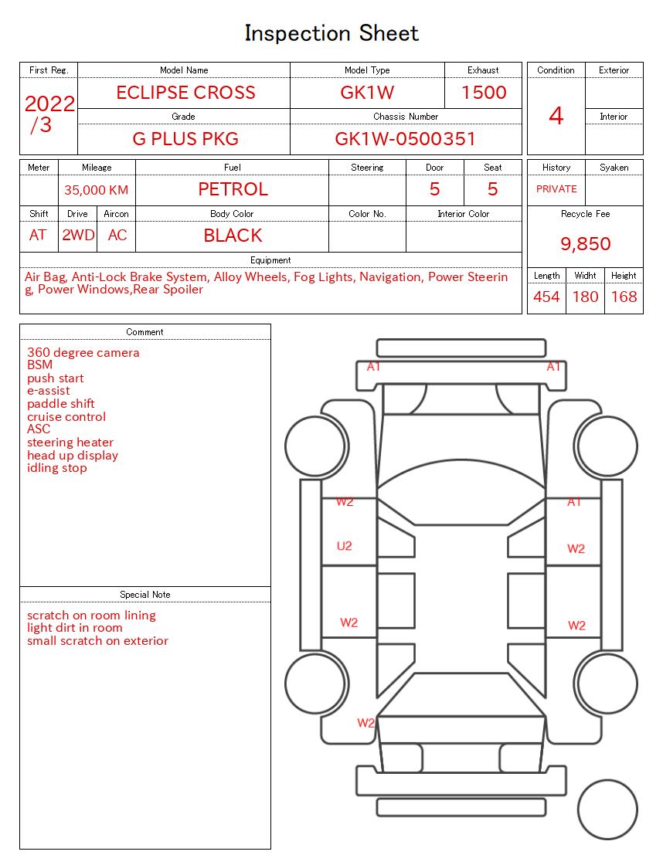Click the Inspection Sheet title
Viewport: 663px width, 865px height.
331,33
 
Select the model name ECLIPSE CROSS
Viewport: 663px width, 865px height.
185,93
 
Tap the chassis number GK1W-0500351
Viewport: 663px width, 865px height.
405,139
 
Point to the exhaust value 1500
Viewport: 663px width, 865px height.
484,93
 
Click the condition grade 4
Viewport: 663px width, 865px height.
556,116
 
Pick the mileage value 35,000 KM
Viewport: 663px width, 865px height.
96,190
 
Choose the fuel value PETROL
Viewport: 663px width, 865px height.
233,189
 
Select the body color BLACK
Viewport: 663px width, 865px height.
233,236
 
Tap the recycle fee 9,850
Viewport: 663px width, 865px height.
585,244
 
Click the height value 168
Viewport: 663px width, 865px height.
624,297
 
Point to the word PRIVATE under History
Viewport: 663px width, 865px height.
556,189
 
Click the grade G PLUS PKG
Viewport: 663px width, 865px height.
185,139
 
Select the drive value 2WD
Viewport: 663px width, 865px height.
78,236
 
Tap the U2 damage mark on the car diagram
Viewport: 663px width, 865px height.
345,546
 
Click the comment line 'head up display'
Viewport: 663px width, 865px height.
73,456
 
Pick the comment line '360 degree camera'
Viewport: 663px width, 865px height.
83,353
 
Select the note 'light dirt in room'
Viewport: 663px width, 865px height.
75,628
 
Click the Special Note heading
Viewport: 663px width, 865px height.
145,595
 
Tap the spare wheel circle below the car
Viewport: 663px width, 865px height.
607,811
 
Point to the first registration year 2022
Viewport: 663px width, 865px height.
49,103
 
